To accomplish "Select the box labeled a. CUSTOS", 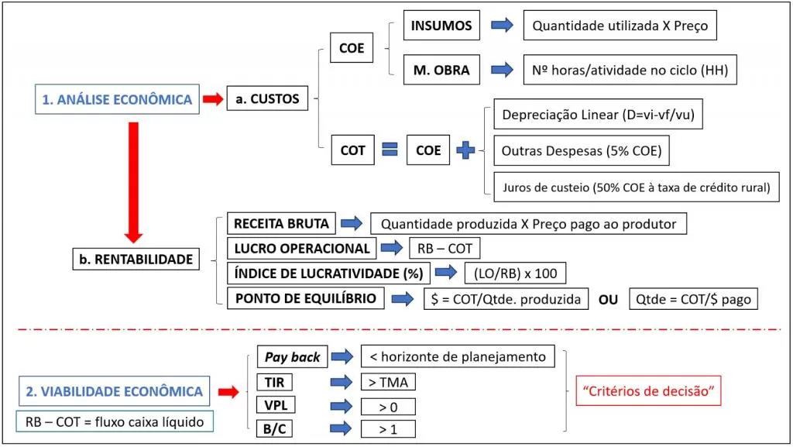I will tap(262, 99).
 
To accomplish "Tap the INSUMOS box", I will tap(441, 26).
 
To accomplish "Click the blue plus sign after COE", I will tap(466, 150).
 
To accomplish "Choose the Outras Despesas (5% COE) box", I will tap(582, 151).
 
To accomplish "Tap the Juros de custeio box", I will tap(636, 187).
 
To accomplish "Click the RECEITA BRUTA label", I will tap(281, 224).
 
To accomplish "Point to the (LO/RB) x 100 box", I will tap(515, 273).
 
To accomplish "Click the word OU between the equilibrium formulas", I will tap(608, 299).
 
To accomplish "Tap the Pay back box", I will tap(292, 357).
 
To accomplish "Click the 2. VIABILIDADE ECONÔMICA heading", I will tap(115, 391).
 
